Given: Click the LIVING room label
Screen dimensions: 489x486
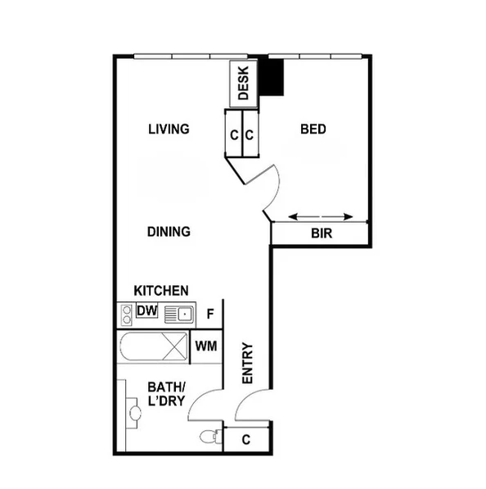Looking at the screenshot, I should tap(169, 129).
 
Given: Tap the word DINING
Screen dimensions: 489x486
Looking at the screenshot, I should tap(169, 232).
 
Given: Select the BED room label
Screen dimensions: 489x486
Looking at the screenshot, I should tap(313, 129).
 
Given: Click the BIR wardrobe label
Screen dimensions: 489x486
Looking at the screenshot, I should tap(322, 233).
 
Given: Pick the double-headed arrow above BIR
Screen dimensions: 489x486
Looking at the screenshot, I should tap(322, 216).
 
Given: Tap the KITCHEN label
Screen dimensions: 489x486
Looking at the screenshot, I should tap(161, 291).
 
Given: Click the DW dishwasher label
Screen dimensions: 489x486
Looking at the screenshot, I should tap(147, 310).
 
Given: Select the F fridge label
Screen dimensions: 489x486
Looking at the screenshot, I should tap(210, 313).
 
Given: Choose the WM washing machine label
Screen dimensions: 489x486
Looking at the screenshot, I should tap(206, 346).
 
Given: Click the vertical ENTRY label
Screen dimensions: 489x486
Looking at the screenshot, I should tap(248, 363).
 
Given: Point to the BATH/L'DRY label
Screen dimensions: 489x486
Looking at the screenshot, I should tap(167, 393).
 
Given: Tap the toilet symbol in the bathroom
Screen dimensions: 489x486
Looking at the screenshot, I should tap(210, 436).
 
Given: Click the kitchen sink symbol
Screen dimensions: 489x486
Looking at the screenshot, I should tap(178, 313).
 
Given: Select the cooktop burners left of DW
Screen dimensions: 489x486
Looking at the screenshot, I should tap(127, 312).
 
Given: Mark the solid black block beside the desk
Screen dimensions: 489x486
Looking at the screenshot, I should tap(275, 77).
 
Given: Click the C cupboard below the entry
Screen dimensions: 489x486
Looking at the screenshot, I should tap(246, 440).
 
